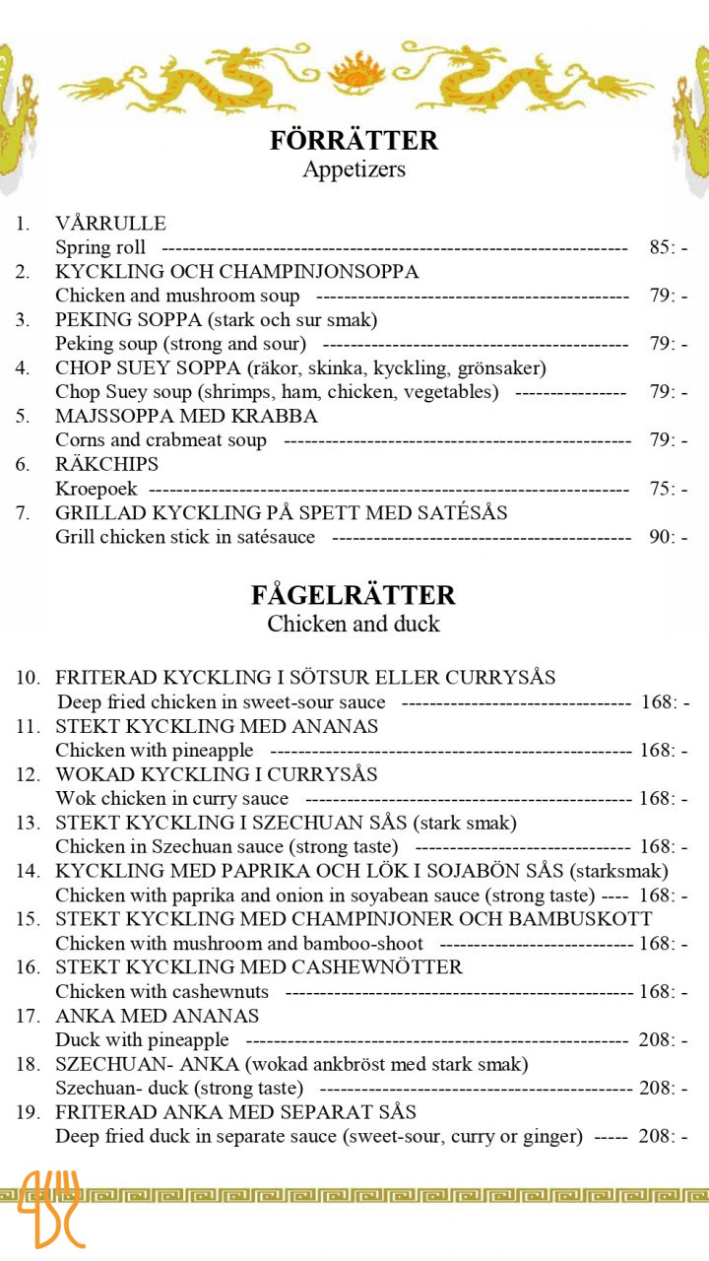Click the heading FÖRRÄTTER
pyautogui.click(x=354, y=140)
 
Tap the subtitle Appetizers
pyautogui.click(x=354, y=169)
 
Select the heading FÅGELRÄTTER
pyautogui.click(x=354, y=595)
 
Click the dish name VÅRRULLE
pyautogui.click(x=110, y=224)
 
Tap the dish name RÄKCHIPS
pyautogui.click(x=106, y=464)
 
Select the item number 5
pyautogui.click(x=23, y=416)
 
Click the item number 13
pyautogui.click(x=28, y=823)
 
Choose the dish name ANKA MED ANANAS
pyautogui.click(x=157, y=1016)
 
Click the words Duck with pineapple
pyautogui.click(x=142, y=1040)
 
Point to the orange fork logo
pyautogui.click(x=52, y=1209)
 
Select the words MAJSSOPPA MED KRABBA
pyautogui.click(x=186, y=416)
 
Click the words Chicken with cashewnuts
pyautogui.click(x=161, y=992)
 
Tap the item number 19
pyautogui.click(x=28, y=1112)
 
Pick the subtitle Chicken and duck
pyautogui.click(x=354, y=624)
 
